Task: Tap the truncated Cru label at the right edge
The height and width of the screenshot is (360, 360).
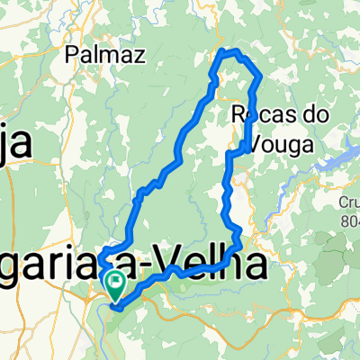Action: click(348, 203)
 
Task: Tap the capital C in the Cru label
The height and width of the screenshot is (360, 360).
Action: click(338, 203)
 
